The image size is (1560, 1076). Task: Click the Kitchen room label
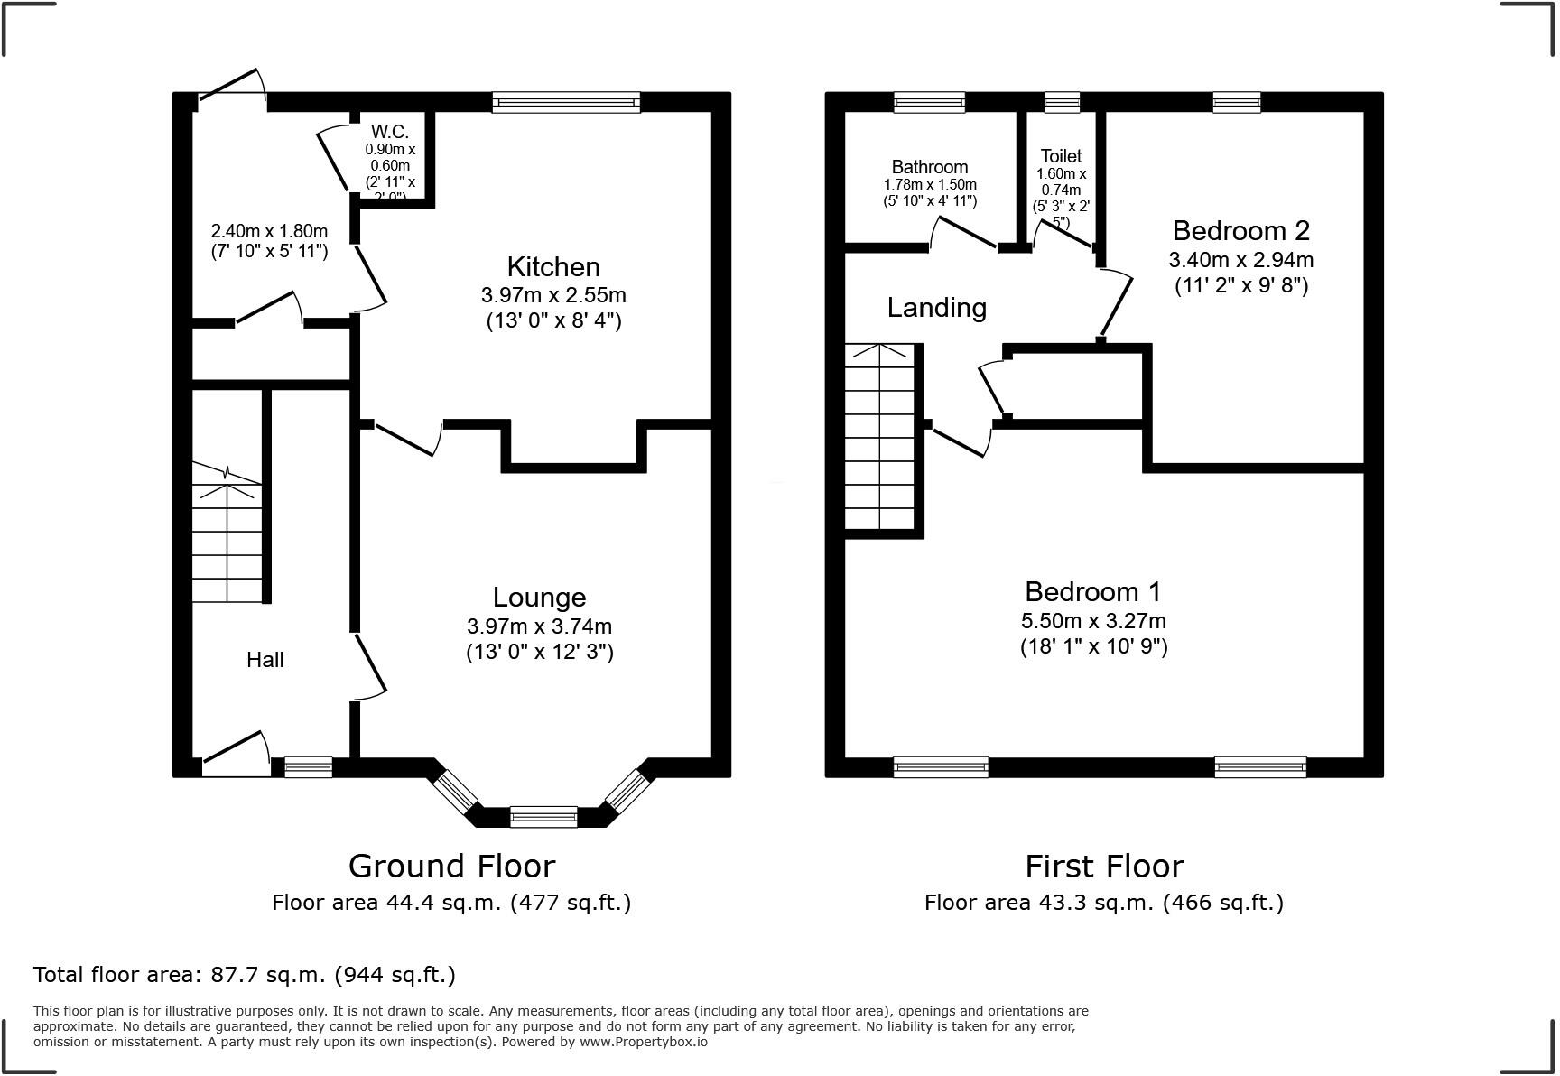click(553, 267)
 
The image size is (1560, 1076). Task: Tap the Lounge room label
click(539, 598)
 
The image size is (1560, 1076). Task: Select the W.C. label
click(390, 133)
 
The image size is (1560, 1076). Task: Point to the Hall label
click(265, 660)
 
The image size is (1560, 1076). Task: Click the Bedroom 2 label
click(1240, 231)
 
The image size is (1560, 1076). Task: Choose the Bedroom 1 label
click(1092, 592)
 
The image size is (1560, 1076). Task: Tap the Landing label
click(936, 308)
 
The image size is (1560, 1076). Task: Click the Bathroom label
click(929, 167)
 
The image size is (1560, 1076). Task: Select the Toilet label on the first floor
click(1061, 156)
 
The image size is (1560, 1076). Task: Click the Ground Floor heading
click(451, 867)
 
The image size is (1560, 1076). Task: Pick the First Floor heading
click(1103, 867)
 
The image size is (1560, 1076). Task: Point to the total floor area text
click(244, 975)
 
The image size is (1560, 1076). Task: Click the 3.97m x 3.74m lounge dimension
click(539, 626)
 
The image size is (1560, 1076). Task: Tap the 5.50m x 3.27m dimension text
click(1092, 621)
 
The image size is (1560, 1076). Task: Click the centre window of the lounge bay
click(543, 817)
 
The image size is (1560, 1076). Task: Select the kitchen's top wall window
click(566, 102)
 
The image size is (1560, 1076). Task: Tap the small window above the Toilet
click(1062, 102)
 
